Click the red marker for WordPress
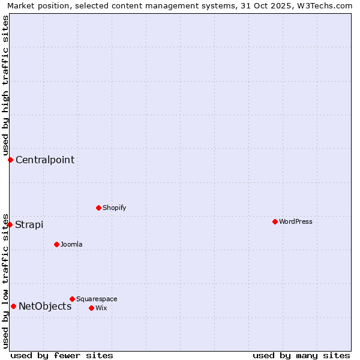click(275, 221)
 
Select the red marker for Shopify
click(98, 208)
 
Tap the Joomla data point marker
click(56, 244)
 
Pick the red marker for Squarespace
click(72, 299)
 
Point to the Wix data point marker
click(91, 308)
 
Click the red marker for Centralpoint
click(10, 160)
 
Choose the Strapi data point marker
click(10, 224)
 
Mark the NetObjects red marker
click(13, 306)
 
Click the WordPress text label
click(296, 221)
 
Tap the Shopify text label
click(115, 208)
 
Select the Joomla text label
click(71, 244)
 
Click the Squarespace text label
click(97, 299)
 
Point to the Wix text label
click(101, 308)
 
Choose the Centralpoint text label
click(45, 160)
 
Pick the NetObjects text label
click(45, 306)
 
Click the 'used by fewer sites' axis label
click(62, 355)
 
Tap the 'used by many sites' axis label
click(301, 355)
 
